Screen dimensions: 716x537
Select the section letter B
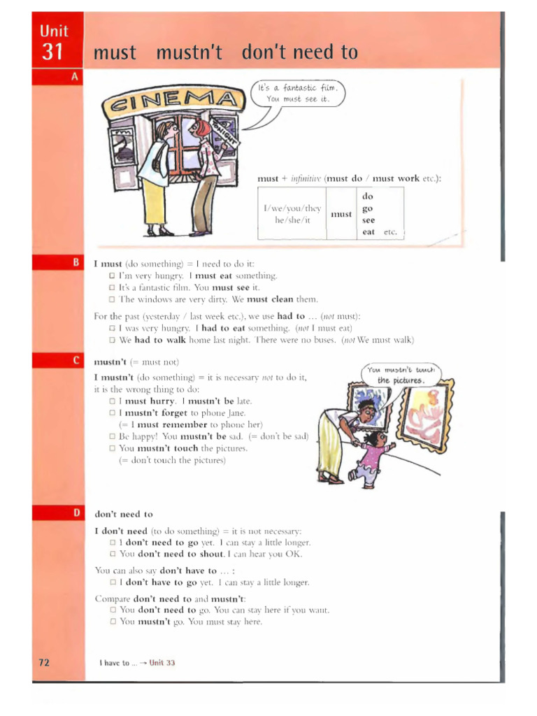[x=74, y=262]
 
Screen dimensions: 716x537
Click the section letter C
[x=74, y=361]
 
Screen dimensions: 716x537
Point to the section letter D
[x=74, y=513]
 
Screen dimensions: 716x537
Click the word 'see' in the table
[x=368, y=220]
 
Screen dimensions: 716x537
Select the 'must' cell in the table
[x=341, y=214]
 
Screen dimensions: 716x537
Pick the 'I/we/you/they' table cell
[x=292, y=214]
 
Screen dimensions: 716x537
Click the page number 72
[x=43, y=662]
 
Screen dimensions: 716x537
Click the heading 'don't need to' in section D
[x=123, y=514]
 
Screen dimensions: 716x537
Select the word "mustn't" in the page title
[x=188, y=52]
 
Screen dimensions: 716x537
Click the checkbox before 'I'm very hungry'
[x=111, y=276]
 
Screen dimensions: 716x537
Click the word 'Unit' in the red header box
[x=53, y=30]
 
